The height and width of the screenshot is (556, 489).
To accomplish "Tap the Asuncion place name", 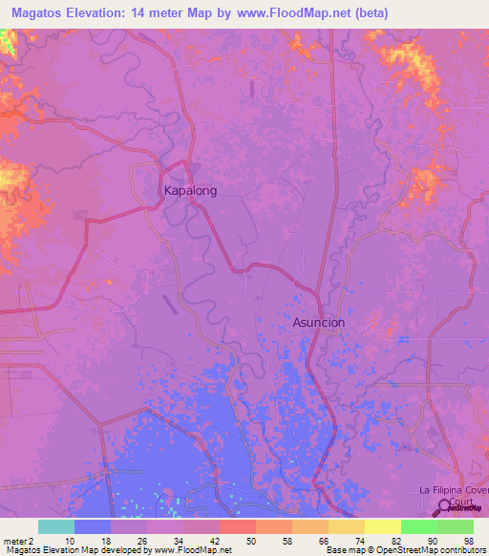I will pos(318,323).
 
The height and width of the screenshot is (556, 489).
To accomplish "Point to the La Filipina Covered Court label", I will pos(454,496).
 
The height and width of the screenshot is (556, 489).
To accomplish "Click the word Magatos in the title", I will pos(40,11).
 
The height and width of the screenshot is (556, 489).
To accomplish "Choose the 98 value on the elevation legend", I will pos(468,542).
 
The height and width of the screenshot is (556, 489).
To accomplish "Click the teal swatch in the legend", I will pos(56,526).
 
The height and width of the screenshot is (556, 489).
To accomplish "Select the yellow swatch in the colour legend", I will pos(383,526).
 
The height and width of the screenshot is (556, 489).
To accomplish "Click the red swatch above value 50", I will pos(238,526).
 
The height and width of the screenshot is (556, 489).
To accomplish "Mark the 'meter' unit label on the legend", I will pos(12,542).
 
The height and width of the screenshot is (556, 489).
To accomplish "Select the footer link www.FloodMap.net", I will pos(185,551).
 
